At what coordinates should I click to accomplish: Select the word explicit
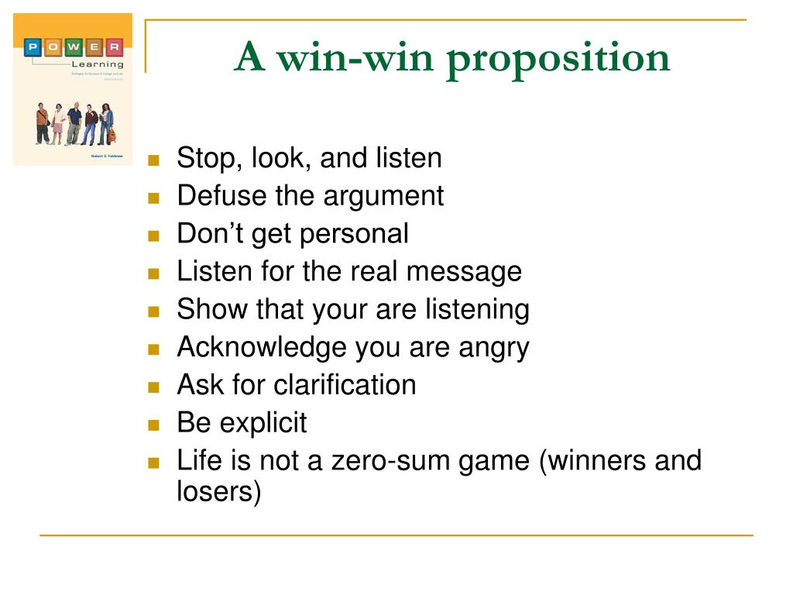click(x=263, y=423)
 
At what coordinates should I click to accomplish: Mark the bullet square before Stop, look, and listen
click(x=153, y=161)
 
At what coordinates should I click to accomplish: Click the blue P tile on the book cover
click(x=33, y=48)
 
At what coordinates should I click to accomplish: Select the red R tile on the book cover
click(x=114, y=48)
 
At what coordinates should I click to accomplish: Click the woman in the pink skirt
click(x=58, y=124)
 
